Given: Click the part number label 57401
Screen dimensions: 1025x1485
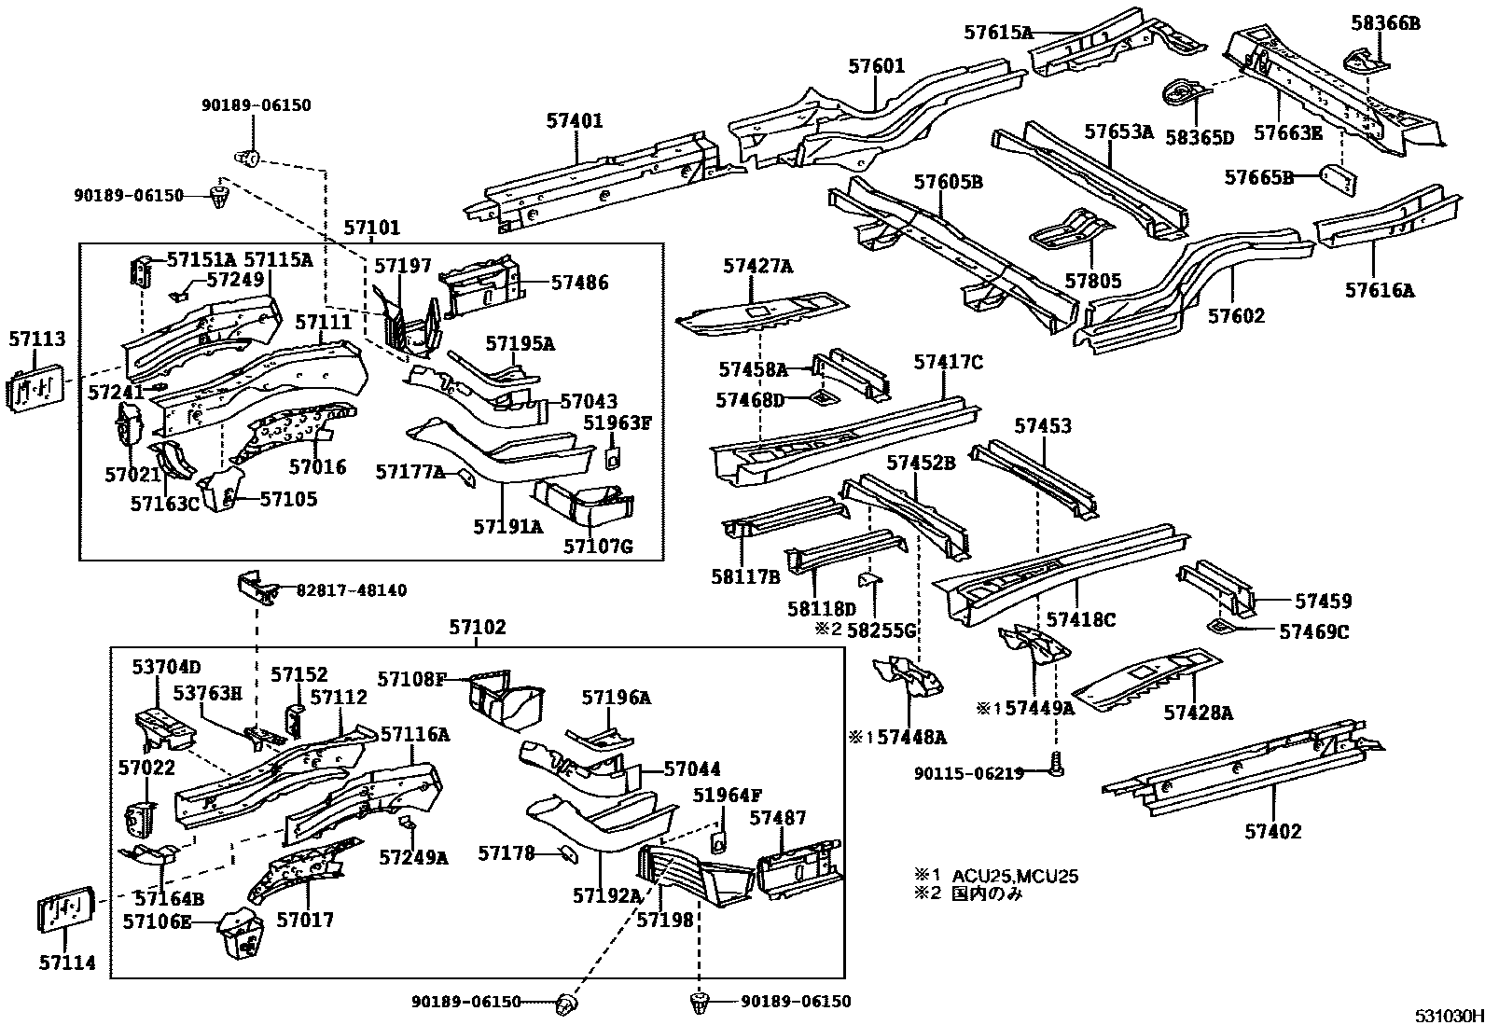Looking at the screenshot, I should (575, 121).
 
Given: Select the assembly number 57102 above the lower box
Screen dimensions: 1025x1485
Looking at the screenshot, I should (478, 628).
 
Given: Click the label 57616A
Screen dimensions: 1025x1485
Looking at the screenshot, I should (1379, 290).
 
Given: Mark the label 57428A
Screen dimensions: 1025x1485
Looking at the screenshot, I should (1198, 713).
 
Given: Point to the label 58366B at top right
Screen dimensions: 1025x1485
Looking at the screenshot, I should (1385, 24).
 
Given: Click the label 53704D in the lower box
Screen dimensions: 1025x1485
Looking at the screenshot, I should (166, 667).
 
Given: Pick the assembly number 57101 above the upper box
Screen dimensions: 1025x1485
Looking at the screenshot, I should (371, 228).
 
